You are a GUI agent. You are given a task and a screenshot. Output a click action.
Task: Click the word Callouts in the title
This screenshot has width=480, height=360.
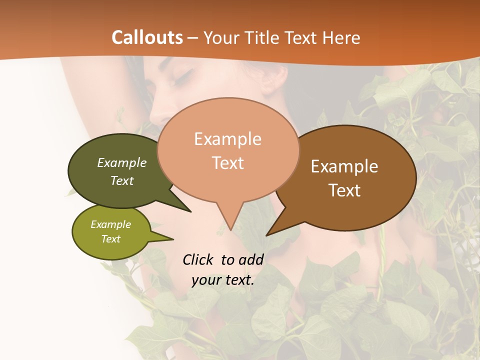(x=147, y=37)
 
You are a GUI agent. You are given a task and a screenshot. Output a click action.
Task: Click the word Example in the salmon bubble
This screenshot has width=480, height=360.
(x=227, y=139)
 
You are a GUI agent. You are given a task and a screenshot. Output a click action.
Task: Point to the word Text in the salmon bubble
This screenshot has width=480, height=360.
(x=227, y=163)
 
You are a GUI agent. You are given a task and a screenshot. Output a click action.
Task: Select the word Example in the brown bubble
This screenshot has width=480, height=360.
(x=344, y=166)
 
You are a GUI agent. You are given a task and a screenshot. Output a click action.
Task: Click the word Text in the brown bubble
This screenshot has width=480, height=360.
(x=344, y=190)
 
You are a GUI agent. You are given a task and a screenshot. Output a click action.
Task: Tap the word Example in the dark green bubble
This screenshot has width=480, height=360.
(x=122, y=162)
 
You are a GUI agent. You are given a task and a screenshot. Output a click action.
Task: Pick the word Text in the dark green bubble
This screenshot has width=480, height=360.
(x=122, y=180)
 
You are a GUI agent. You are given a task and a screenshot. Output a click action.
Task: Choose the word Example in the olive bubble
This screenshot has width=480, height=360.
(x=111, y=224)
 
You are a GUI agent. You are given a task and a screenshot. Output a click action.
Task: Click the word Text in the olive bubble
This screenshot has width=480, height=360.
(x=111, y=239)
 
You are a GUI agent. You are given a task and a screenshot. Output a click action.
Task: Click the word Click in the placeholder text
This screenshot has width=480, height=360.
(x=199, y=259)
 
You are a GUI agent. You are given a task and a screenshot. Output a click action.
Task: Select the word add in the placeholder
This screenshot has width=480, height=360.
(x=251, y=259)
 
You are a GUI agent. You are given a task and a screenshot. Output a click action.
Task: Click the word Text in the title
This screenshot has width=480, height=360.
(x=302, y=37)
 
